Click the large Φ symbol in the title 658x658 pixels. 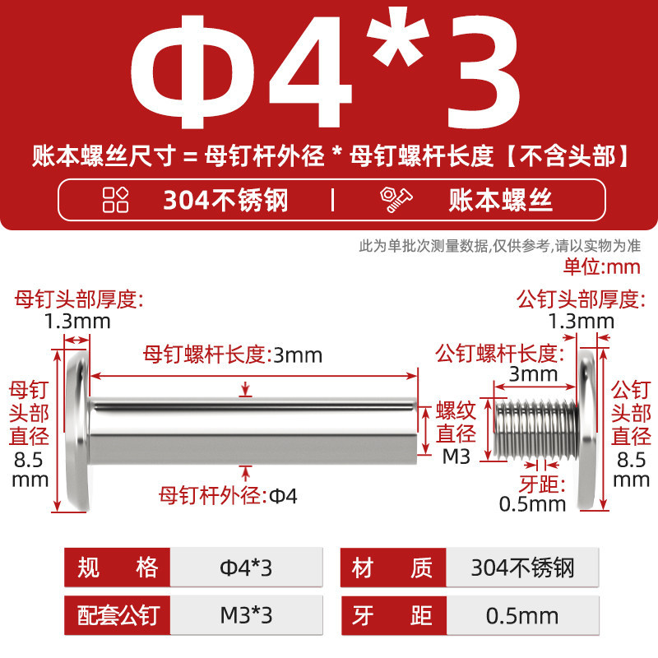(193, 72)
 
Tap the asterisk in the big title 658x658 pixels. (397, 36)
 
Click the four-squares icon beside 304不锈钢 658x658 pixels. (115, 199)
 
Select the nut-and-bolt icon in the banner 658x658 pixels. (396, 199)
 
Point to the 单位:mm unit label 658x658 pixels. (602, 266)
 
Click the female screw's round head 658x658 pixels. (78, 431)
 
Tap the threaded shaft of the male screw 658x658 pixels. (535, 429)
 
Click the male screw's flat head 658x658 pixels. (587, 431)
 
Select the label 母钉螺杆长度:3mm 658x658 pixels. (233, 355)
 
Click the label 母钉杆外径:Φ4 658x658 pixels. (228, 496)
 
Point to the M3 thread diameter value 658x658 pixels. (456, 456)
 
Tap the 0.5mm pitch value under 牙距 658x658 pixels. (532, 504)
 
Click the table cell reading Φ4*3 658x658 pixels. (246, 568)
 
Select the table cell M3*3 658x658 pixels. (246, 615)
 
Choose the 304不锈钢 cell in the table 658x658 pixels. (522, 568)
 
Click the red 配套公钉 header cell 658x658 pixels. (117, 615)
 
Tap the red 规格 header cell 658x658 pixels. (117, 568)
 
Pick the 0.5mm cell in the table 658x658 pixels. (522, 615)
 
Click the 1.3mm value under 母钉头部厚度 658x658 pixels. (77, 322)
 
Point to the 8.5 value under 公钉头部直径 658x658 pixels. (631, 460)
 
